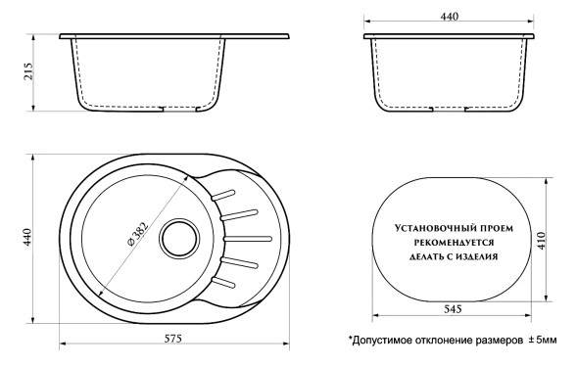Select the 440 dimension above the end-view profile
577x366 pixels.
(450, 17)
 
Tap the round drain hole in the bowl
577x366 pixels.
(179, 237)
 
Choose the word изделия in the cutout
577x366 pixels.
(479, 256)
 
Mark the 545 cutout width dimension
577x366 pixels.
(452, 308)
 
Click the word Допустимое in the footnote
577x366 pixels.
(387, 340)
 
